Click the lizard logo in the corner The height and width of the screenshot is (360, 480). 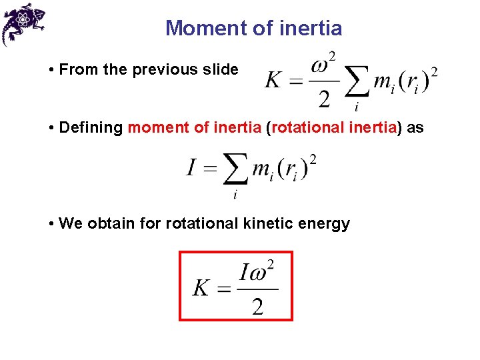(x=23, y=23)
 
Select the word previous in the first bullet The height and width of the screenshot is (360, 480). (x=165, y=69)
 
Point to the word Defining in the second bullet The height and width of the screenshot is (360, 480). (x=91, y=127)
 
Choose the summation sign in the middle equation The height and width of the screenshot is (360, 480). (x=235, y=169)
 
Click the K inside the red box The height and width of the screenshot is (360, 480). (x=202, y=288)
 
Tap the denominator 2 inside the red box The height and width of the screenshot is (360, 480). (x=257, y=306)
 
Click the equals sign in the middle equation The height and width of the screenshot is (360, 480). (x=210, y=169)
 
